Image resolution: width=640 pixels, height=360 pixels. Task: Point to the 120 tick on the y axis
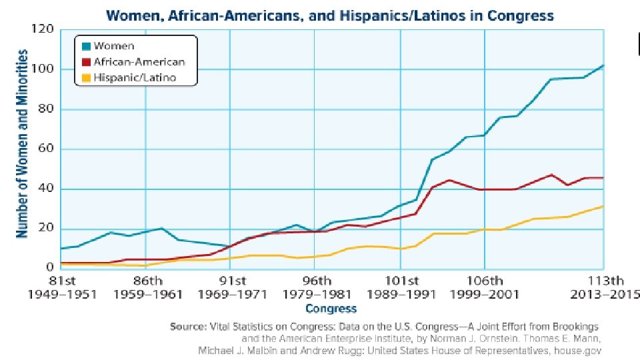coord(42,29)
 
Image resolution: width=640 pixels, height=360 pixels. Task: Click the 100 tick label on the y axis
coord(42,69)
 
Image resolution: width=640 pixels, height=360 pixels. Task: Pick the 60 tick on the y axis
coord(45,149)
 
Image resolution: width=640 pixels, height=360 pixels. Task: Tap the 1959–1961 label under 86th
coord(147,293)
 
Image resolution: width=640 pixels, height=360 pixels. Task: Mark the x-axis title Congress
coord(331,309)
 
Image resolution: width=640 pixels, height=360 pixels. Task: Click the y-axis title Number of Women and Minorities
coord(22,143)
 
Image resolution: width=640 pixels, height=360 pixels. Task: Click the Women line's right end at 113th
coord(603,65)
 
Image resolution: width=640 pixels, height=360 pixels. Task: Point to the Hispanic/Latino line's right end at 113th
coord(603,206)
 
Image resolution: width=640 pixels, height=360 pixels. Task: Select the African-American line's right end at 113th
coord(603,178)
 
